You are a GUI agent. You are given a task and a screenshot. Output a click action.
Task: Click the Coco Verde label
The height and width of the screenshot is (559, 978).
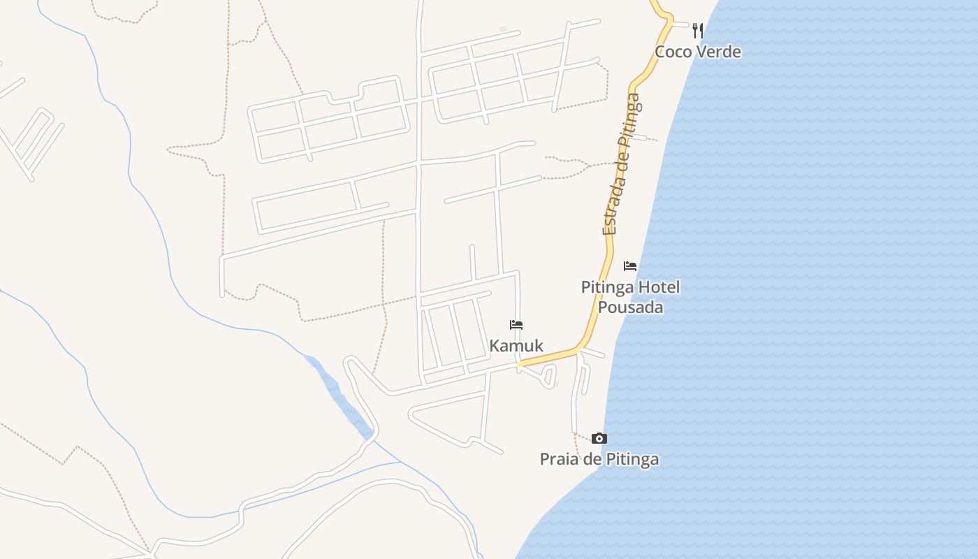697,52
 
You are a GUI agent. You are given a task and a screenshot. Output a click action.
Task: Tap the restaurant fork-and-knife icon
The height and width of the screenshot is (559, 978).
697,30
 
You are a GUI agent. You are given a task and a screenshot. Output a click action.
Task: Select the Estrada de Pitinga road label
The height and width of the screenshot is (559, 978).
620,165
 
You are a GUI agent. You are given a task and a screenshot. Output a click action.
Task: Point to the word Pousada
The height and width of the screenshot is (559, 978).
630,307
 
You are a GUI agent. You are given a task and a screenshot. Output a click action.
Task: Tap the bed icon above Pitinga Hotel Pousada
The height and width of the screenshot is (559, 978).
630,266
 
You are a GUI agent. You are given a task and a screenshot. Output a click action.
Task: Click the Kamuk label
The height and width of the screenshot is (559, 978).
516,346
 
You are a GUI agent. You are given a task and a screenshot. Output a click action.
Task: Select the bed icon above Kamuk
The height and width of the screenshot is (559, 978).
516,325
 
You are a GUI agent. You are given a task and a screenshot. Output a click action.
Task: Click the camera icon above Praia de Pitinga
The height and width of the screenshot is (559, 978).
599,439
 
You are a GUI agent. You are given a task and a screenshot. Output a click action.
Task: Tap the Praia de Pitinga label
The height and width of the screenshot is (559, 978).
599,459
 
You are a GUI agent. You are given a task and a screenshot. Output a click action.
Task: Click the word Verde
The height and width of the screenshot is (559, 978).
717,52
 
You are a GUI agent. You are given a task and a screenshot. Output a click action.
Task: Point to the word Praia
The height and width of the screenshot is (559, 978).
559,459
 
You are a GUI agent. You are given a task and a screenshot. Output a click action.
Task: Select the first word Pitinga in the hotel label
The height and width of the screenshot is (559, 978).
608,287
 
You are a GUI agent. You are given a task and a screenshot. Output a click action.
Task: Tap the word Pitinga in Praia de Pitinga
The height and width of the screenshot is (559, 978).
632,459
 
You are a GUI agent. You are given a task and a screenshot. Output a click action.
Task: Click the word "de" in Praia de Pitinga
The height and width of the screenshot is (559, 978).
591,459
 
